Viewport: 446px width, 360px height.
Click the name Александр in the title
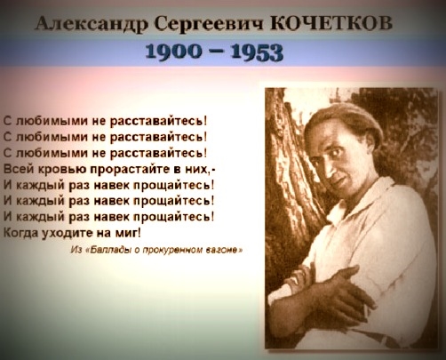point(92,23)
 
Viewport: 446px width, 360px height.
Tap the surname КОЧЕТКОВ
point(331,22)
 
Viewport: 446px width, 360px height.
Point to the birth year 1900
point(173,52)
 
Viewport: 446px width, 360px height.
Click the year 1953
point(257,52)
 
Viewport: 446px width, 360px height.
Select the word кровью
point(62,170)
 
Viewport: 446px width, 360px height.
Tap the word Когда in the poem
point(20,233)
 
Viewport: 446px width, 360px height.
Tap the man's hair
point(345,122)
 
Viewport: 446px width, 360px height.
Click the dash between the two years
point(216,53)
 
